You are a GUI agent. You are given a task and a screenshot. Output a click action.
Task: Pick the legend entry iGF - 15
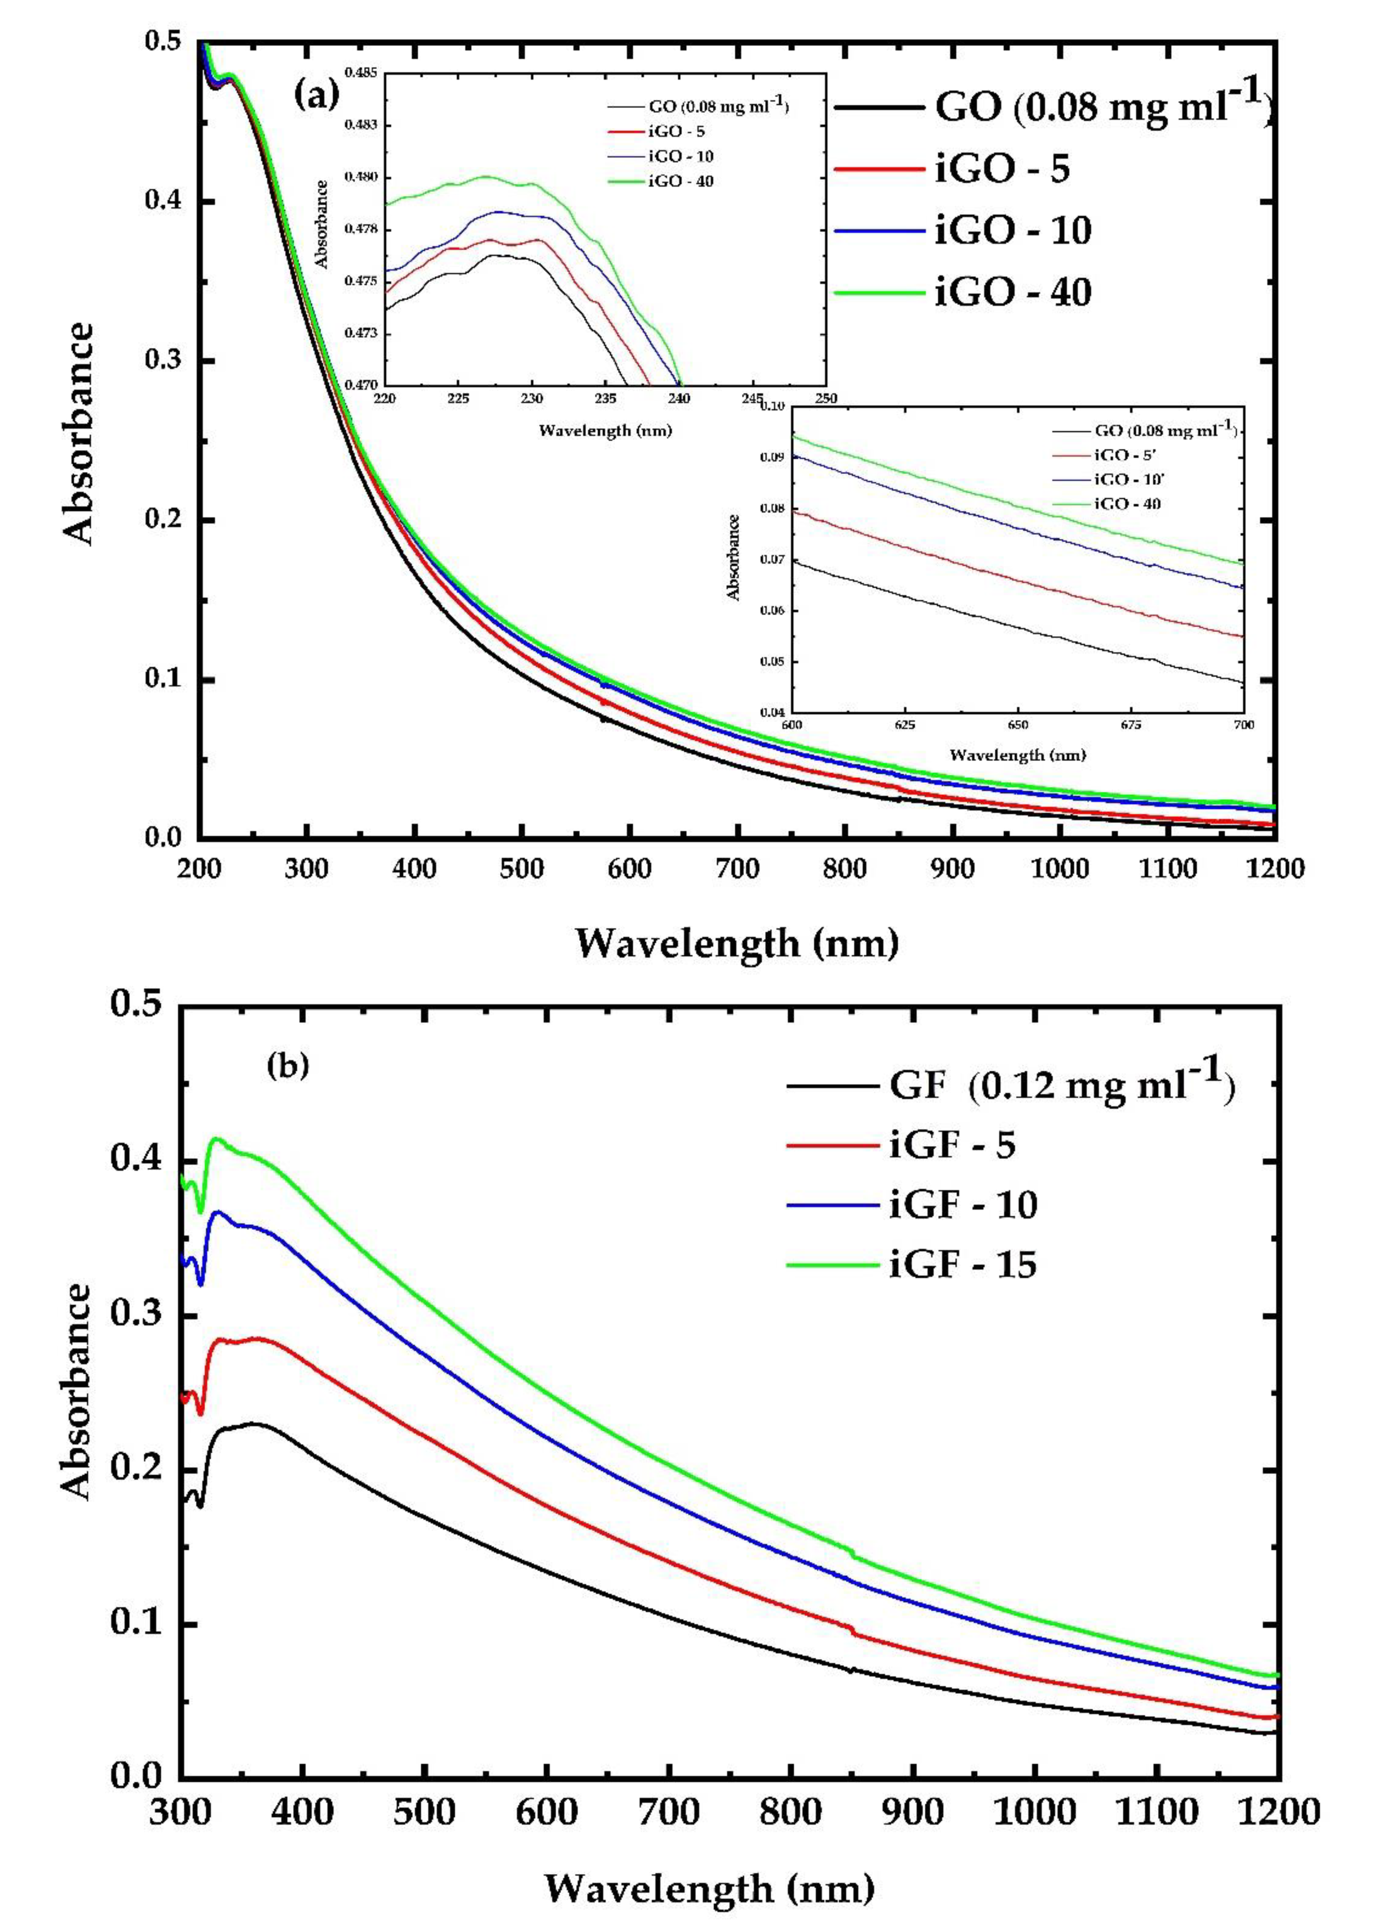click(x=962, y=1265)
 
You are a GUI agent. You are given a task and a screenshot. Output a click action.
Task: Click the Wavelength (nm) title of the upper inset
click(x=605, y=431)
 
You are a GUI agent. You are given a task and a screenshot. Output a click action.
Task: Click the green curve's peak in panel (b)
click(x=216, y=1139)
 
